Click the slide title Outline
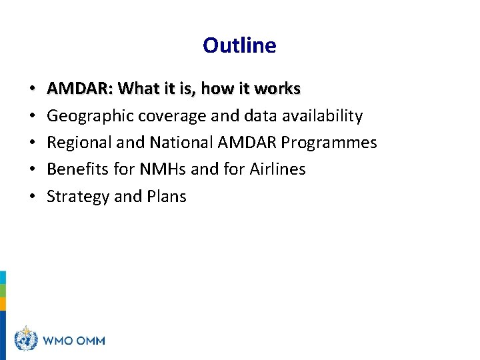pos(239,45)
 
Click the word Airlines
pos(277,169)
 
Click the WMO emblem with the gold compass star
pos(27,339)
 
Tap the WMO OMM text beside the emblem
pos(74,341)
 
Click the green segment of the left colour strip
pos(3,291)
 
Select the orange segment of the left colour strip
pos(3,304)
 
